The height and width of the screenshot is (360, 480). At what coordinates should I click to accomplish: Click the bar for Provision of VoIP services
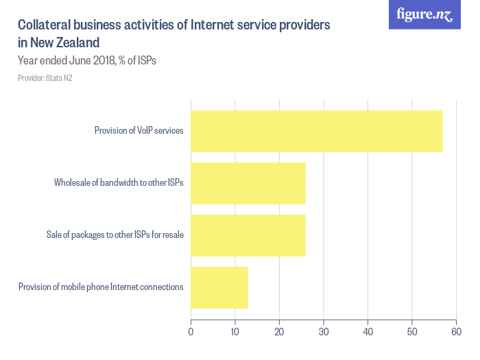(316, 131)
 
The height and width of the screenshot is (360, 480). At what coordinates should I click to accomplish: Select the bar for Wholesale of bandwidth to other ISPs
(248, 183)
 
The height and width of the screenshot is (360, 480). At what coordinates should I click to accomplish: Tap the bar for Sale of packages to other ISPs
(248, 235)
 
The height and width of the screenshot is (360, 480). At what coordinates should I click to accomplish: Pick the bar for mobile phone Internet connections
(219, 287)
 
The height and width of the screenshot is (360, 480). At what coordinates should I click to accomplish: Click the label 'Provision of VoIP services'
(139, 131)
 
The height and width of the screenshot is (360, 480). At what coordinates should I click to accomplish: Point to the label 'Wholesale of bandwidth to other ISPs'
(119, 183)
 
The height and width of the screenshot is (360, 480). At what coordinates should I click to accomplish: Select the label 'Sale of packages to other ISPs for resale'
(115, 235)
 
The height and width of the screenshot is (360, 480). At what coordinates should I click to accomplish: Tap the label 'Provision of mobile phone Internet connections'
(101, 287)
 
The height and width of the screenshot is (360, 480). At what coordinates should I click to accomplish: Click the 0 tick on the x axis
(191, 333)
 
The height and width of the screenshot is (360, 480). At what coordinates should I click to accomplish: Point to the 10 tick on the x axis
(235, 333)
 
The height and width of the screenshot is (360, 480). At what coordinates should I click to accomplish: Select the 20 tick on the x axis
(279, 333)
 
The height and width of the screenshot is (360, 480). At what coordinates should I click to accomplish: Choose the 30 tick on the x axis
(323, 333)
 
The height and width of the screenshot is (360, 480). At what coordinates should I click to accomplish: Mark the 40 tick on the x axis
(368, 333)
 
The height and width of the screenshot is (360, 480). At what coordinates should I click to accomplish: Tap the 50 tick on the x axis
(411, 333)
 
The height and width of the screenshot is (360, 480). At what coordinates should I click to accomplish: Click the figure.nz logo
(424, 15)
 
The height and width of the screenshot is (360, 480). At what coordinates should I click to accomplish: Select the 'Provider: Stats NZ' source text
(45, 78)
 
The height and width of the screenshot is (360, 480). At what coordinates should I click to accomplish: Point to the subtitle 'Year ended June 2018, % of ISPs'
(87, 60)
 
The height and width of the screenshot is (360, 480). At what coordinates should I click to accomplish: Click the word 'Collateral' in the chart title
(45, 25)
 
